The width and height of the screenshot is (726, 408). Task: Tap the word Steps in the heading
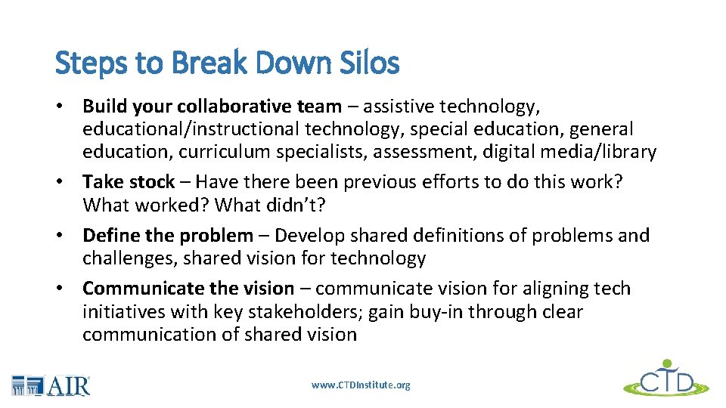pyautogui.click(x=82, y=63)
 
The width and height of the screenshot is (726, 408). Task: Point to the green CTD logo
pyautogui.click(x=665, y=379)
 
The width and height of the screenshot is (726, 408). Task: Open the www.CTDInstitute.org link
pyautogui.click(x=361, y=385)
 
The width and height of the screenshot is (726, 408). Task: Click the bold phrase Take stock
pyautogui.click(x=129, y=182)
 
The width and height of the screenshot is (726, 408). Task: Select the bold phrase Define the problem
pyautogui.click(x=168, y=236)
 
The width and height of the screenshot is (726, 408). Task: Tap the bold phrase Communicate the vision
pyautogui.click(x=188, y=289)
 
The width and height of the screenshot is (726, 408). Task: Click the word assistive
pyautogui.click(x=392, y=107)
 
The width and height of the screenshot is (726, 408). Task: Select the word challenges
pyautogui.click(x=126, y=258)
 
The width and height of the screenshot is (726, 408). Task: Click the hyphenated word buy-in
pyautogui.click(x=435, y=311)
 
